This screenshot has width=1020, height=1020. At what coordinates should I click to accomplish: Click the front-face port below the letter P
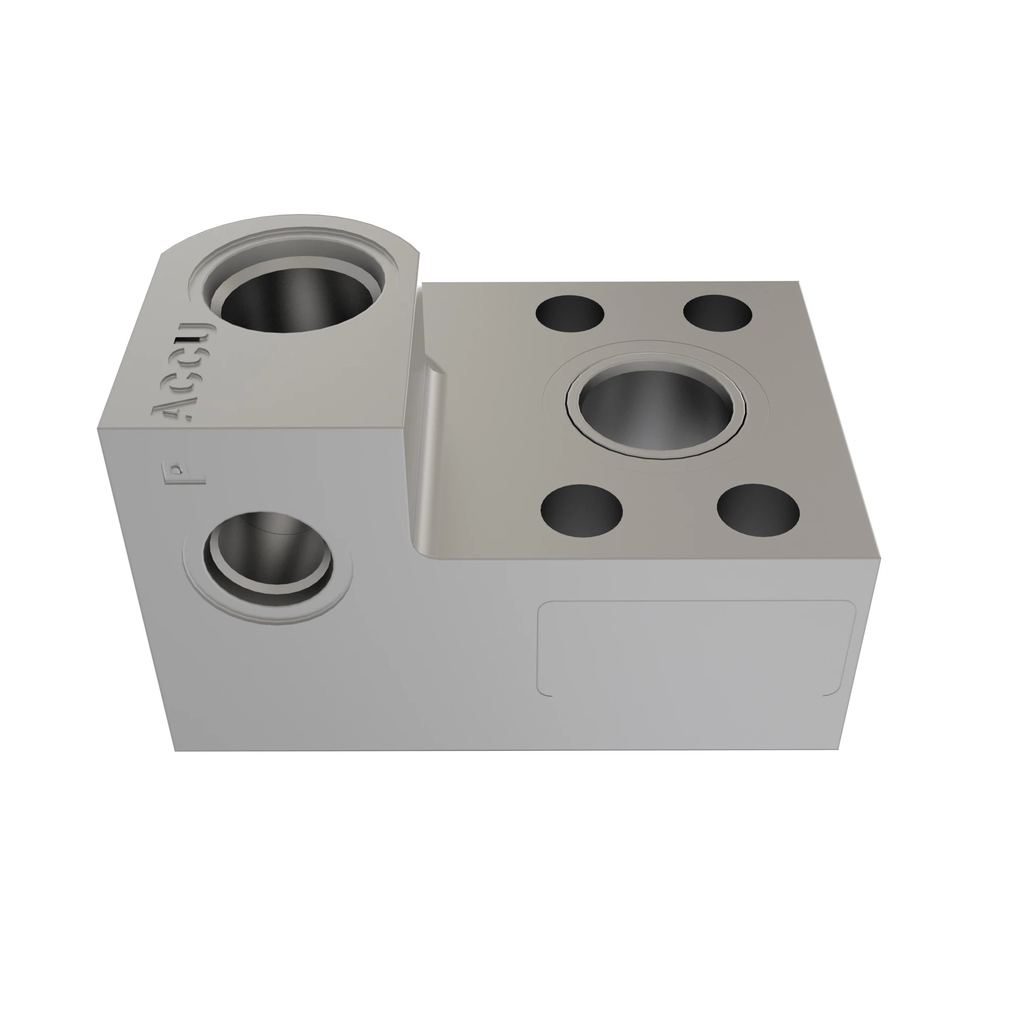268,558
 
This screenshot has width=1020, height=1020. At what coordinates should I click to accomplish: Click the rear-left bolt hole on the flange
570,313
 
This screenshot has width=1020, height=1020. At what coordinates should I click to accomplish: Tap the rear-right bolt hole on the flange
718,313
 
